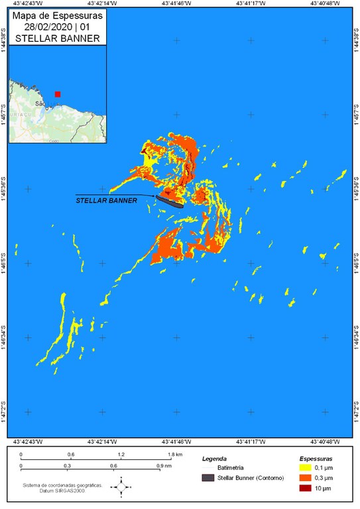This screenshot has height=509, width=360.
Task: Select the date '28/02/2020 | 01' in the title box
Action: tap(54, 28)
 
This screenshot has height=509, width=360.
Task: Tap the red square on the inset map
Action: tap(58, 94)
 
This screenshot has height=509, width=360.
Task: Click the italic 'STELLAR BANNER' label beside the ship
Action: tap(106, 199)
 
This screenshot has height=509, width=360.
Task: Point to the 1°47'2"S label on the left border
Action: tap(4, 412)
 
